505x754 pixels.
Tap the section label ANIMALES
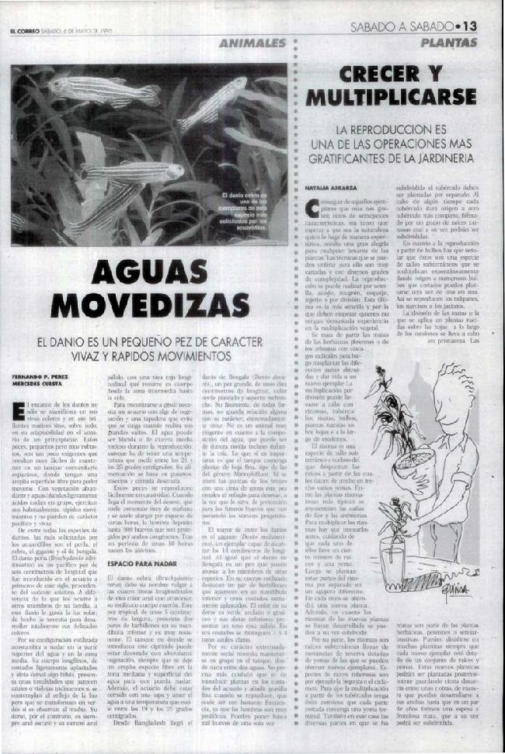tap(252, 43)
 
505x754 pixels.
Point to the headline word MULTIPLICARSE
tap(401, 99)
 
